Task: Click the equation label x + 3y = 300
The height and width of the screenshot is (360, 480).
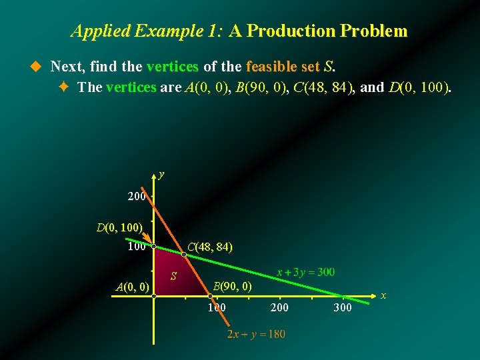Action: click(x=306, y=272)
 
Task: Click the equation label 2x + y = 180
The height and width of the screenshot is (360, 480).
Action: click(x=256, y=333)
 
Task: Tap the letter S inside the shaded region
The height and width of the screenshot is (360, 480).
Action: click(x=173, y=276)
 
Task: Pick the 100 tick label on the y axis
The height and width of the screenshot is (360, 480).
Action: click(x=137, y=247)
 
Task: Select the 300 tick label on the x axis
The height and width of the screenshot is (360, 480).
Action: click(x=343, y=307)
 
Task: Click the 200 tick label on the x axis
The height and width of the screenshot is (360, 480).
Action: click(x=280, y=307)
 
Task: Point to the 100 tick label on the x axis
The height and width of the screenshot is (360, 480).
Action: click(x=217, y=307)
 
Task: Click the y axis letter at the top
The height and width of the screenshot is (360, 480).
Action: click(x=161, y=175)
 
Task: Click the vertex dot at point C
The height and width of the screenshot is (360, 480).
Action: click(x=184, y=254)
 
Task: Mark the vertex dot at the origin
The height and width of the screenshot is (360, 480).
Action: click(x=153, y=295)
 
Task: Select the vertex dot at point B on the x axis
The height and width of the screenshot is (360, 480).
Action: click(x=209, y=295)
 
